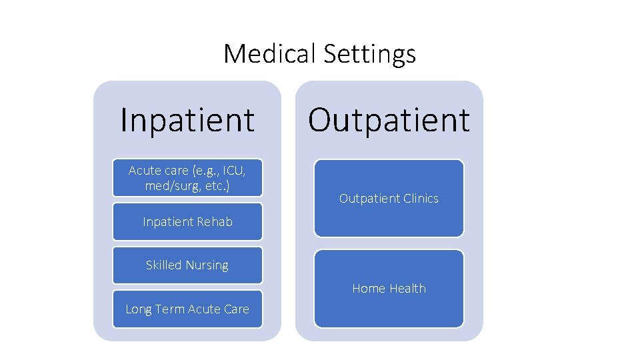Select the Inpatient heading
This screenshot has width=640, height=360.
click(187, 120)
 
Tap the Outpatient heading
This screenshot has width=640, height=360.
click(389, 120)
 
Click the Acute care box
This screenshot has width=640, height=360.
click(187, 177)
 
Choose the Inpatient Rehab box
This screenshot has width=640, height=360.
click(187, 222)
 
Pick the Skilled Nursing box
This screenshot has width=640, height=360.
click(187, 265)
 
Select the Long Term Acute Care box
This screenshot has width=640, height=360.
click(187, 309)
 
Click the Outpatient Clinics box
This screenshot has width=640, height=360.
click(389, 198)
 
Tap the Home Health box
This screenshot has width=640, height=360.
click(389, 289)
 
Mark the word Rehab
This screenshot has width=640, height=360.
click(215, 222)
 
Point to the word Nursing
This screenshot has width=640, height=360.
click(207, 265)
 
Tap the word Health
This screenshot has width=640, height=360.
click(407, 289)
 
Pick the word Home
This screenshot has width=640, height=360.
click(369, 289)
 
